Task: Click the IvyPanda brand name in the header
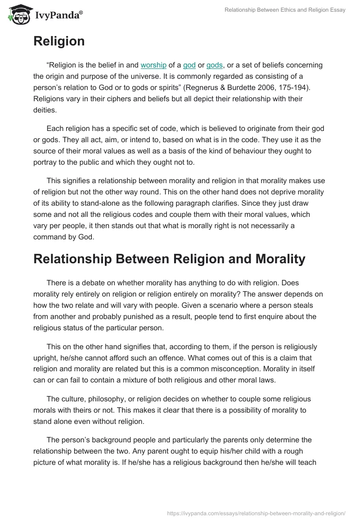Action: coord(58,16)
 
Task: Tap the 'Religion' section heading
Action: coord(59,41)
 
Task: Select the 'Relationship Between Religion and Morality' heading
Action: coord(169,259)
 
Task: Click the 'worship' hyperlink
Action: coord(154,65)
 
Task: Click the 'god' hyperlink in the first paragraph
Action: coord(189,65)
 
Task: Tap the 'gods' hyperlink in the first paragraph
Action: coord(215,65)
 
